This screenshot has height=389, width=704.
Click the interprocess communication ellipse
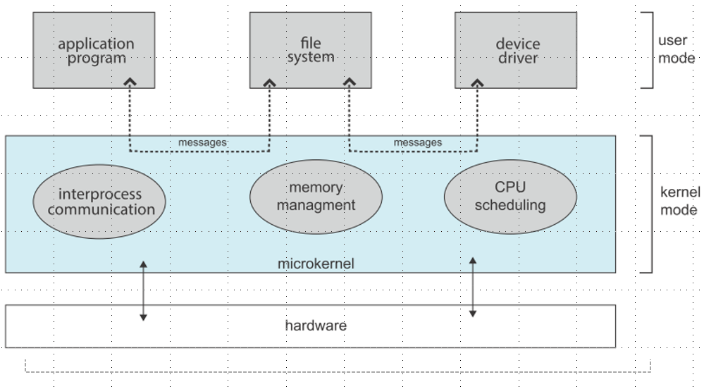[99, 202]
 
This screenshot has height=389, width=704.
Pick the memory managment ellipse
[316, 196]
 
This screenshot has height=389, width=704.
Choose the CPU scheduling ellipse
[510, 197]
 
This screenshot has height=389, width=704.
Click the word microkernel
[316, 264]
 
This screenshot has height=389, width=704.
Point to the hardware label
[316, 326]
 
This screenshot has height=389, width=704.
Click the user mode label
[677, 49]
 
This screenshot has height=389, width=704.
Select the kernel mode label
[679, 200]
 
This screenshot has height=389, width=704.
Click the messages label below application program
[202, 142]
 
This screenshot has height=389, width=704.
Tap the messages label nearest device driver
[418, 142]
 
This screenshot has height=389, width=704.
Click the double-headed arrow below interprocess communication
[143, 291]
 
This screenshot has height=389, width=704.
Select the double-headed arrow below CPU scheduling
[472, 287]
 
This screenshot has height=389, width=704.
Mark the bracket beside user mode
[650, 49]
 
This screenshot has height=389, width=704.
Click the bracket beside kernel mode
[648, 204]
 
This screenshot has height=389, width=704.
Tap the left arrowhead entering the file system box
[270, 83]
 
